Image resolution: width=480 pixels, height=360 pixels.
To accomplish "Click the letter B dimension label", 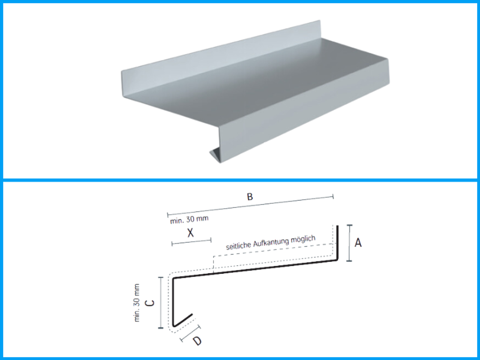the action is pyautogui.click(x=250, y=197).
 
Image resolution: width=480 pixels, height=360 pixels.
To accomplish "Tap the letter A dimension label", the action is pyautogui.click(x=358, y=243).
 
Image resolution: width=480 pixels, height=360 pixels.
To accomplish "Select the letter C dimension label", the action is pyautogui.click(x=150, y=303).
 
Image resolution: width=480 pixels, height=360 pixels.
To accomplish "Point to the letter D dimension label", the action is pyautogui.click(x=197, y=341).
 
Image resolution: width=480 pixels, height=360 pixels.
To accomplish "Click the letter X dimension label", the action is pyautogui.click(x=190, y=233).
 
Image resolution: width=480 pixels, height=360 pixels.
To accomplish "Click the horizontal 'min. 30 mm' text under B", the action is pyautogui.click(x=189, y=220).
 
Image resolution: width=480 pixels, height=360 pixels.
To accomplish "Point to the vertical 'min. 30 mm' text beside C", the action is pyautogui.click(x=136, y=303).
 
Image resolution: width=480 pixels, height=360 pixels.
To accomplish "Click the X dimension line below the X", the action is pyautogui.click(x=192, y=242).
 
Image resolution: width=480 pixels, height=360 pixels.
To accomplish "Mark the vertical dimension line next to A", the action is pyautogui.click(x=349, y=243).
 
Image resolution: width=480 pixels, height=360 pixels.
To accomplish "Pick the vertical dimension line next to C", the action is pyautogui.click(x=161, y=303).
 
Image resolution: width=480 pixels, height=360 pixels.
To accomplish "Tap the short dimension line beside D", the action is pyautogui.click(x=190, y=333).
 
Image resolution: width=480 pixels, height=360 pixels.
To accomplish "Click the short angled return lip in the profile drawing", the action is pyautogui.click(x=183, y=320).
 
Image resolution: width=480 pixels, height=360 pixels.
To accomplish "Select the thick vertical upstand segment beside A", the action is pyautogui.click(x=337, y=243).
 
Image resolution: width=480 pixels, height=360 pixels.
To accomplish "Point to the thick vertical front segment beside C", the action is pyautogui.click(x=173, y=302).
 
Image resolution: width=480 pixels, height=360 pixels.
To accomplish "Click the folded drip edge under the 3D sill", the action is pyautogui.click(x=215, y=154).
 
